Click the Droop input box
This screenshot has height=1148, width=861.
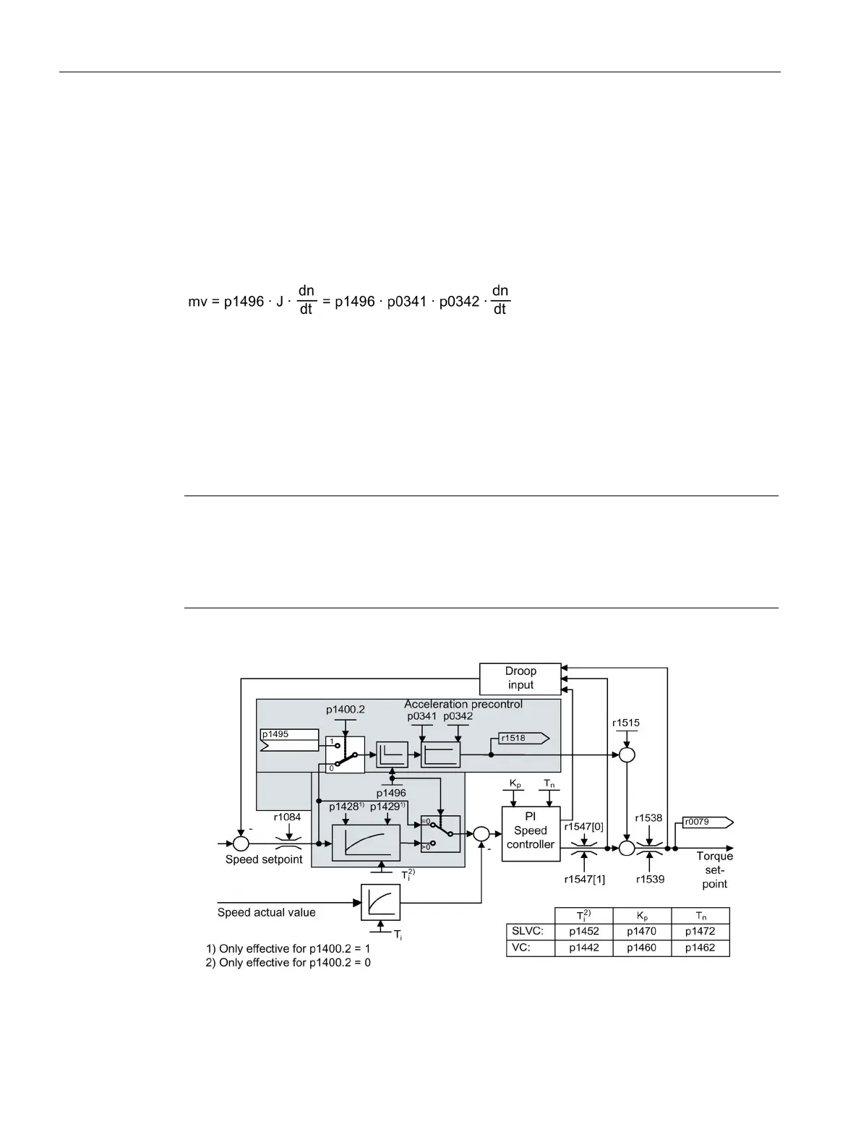tap(521, 679)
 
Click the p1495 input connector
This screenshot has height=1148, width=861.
tap(288, 739)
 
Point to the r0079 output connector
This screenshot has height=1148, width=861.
tap(708, 822)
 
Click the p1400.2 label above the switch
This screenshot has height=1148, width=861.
tap(345, 710)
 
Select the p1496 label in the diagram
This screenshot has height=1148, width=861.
tap(391, 793)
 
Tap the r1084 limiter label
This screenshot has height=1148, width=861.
tap(287, 817)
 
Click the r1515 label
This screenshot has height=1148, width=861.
tap(626, 723)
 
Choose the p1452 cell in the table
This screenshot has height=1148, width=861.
tap(583, 932)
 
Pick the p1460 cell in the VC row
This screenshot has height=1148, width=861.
tap(641, 948)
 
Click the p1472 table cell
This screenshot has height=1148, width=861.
tap(700, 932)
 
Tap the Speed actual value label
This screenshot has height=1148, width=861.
tap(267, 913)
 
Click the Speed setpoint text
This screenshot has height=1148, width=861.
tap(264, 859)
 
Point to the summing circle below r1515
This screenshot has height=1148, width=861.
tap(627, 755)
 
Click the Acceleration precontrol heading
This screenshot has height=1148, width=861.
tap(463, 704)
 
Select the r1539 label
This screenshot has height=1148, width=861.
tap(650, 880)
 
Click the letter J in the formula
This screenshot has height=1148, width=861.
tap(279, 302)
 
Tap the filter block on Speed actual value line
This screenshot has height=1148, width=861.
tap(380, 902)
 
